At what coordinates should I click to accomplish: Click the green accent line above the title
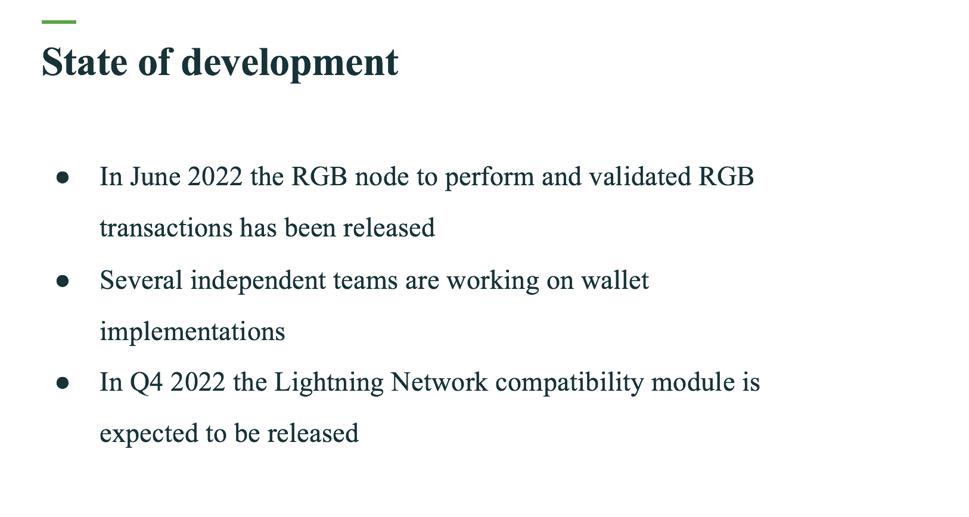59,21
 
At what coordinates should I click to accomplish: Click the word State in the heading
85,63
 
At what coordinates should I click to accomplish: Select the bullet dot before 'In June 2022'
63,177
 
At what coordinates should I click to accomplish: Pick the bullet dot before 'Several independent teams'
63,281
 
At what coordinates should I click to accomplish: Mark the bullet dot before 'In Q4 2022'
63,382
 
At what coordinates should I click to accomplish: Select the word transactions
166,228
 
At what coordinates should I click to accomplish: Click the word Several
141,280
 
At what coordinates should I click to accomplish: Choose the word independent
258,281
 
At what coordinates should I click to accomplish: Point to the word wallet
614,280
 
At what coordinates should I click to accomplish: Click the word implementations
192,332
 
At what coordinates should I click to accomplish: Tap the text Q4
146,382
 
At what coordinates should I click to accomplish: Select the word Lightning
329,383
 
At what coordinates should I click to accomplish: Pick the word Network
439,382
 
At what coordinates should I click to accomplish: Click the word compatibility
569,384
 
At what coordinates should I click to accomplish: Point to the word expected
149,434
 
